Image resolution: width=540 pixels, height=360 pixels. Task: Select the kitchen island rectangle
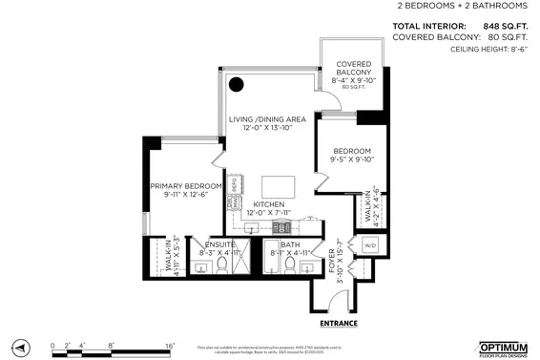point(278,185)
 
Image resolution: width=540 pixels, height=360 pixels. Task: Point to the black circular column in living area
point(236,84)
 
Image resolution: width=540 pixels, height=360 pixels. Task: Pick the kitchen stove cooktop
point(283,227)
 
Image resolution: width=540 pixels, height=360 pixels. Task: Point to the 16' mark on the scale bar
point(168,344)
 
